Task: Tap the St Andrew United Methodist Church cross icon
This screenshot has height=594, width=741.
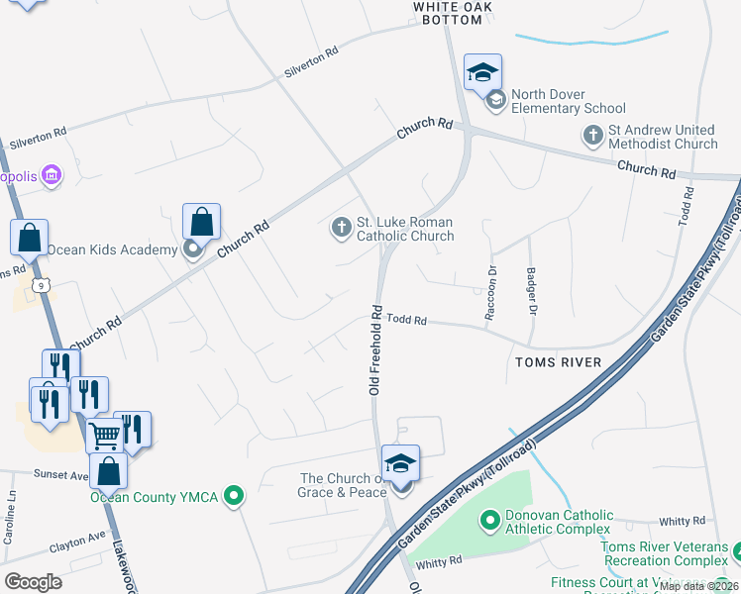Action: pos(593,136)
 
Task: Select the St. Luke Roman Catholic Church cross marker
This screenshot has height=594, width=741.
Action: pos(340,228)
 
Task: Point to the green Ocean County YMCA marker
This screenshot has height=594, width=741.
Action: pos(234,496)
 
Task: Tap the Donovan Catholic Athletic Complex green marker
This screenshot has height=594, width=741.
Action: pos(489,521)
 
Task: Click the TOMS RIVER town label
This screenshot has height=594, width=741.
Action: pos(558,362)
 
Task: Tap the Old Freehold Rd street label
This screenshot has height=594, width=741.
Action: pos(376,351)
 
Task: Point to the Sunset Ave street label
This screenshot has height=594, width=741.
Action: pos(62,474)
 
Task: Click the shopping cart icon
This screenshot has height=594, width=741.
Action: pos(104,434)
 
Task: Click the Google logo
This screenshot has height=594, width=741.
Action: pos(33,581)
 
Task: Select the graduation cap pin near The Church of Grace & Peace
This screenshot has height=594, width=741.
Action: pos(400,463)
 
